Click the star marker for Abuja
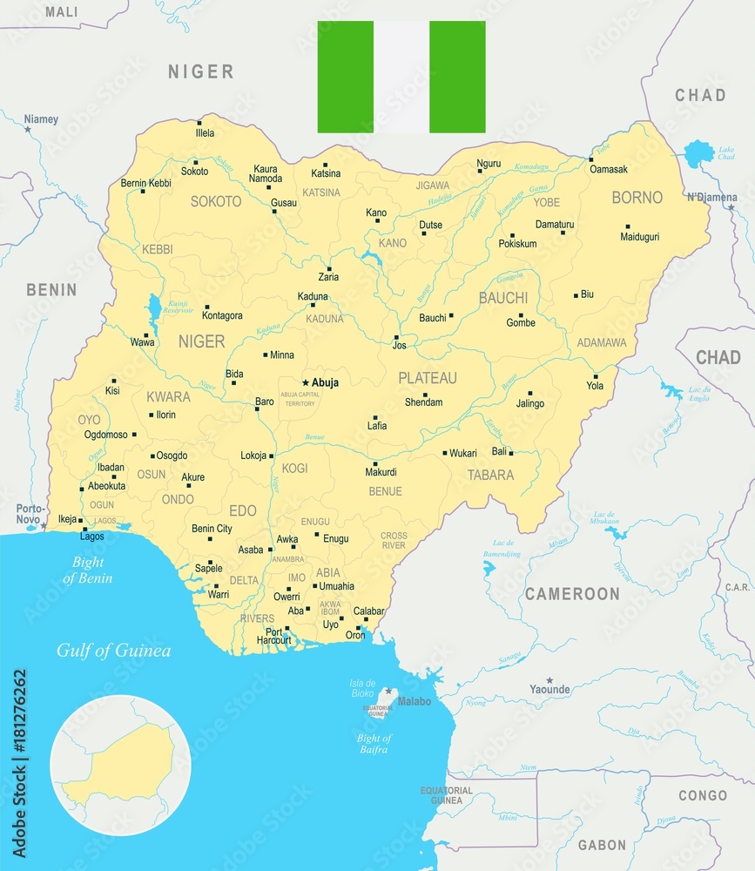click(x=306, y=382)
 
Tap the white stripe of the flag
click(x=401, y=77)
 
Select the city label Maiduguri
click(x=640, y=237)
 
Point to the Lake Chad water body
click(x=698, y=154)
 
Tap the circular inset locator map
click(x=120, y=765)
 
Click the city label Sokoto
click(x=194, y=172)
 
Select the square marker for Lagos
click(x=84, y=529)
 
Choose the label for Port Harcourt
click(x=274, y=638)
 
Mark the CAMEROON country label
click(x=572, y=594)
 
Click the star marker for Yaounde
click(x=549, y=679)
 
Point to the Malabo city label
click(x=414, y=701)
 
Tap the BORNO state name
click(x=637, y=198)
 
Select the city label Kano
click(x=376, y=213)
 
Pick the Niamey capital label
click(x=41, y=118)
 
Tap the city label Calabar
click(x=367, y=611)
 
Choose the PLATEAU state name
click(x=428, y=378)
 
